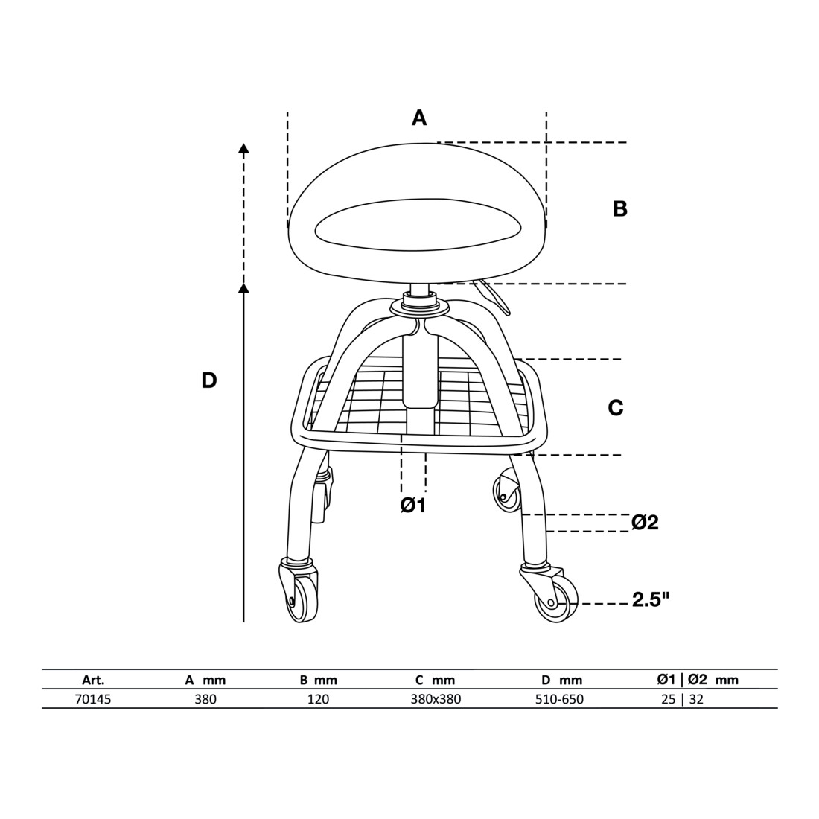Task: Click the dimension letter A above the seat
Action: [419, 118]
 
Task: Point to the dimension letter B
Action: [619, 209]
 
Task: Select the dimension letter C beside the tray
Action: [616, 407]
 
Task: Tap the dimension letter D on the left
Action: [209, 380]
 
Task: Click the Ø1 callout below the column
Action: [413, 505]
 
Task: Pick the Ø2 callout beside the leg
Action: [645, 522]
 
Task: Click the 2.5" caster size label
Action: [650, 601]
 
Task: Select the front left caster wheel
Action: [302, 601]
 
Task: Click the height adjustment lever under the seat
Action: [493, 296]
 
